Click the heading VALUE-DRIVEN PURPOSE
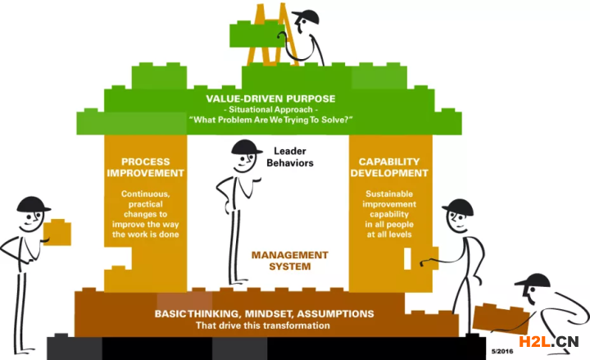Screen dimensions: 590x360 [270, 98]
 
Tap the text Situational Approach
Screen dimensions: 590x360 [270, 110]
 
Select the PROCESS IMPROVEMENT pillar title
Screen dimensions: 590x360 [145, 167]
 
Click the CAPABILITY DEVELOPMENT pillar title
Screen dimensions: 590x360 [389, 167]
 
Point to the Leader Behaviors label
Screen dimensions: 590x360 [290, 157]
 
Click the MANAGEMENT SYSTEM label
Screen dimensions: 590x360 [290, 261]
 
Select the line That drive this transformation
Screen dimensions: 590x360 [263, 326]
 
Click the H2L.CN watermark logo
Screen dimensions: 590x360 [548, 341]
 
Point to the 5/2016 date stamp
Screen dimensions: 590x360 [502, 351]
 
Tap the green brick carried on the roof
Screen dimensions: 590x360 [257, 34]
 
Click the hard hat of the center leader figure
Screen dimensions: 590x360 [247, 147]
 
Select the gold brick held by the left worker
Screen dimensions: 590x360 [57, 232]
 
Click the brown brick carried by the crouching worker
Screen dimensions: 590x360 [501, 319]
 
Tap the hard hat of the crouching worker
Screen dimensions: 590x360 [533, 281]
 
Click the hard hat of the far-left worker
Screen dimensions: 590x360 [33, 204]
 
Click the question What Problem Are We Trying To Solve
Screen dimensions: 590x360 [271, 120]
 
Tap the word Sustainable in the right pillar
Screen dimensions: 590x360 [389, 194]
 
